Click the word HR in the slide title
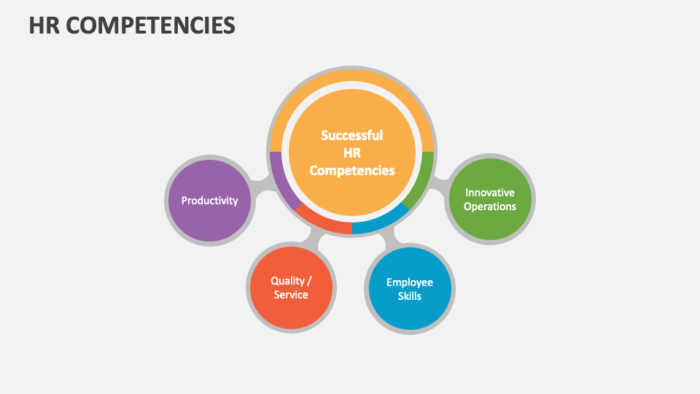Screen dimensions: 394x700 (x=43, y=26)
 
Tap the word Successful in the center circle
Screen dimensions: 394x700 (x=351, y=135)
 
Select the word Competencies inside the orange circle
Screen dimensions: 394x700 (x=351, y=170)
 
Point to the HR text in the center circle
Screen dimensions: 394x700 (x=351, y=152)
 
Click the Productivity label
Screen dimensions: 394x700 (x=210, y=201)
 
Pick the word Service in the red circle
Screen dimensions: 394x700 (x=291, y=295)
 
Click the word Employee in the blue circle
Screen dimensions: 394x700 (x=410, y=282)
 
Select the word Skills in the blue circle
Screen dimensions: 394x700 (x=410, y=296)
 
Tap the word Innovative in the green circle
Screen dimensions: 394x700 (x=490, y=193)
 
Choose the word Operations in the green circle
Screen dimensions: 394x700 (x=490, y=206)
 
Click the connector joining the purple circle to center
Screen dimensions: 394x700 (x=261, y=188)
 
